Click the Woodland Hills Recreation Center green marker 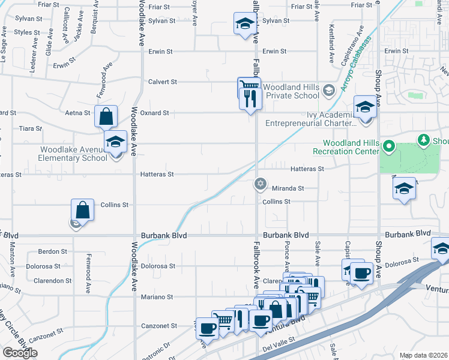pos(388,146)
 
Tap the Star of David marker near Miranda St pos(260,184)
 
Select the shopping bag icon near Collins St pos(83,211)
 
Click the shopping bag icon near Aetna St pos(106,116)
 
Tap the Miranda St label pos(289,188)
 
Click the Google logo pos(20,353)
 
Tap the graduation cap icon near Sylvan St pos(244,25)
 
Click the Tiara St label pos(31,128)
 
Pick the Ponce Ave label pos(286,256)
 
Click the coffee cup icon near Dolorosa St pos(362,274)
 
